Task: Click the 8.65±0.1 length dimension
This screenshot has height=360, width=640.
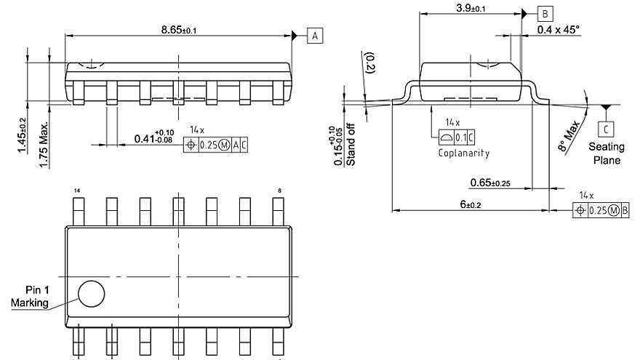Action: click(x=179, y=29)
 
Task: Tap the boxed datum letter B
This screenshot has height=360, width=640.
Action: click(x=545, y=13)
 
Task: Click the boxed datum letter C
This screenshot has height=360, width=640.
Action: click(x=605, y=129)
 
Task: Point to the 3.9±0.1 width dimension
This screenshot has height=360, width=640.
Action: click(x=471, y=8)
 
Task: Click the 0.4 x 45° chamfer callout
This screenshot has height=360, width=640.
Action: click(x=559, y=30)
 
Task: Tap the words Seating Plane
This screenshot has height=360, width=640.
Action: click(x=606, y=153)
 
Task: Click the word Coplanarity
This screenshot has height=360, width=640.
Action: click(x=464, y=153)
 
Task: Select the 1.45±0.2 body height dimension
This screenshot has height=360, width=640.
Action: click(x=22, y=136)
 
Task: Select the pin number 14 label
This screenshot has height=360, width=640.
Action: click(x=77, y=191)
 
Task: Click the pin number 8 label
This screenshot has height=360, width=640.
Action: click(x=279, y=191)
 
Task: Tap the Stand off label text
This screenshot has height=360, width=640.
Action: click(x=351, y=148)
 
